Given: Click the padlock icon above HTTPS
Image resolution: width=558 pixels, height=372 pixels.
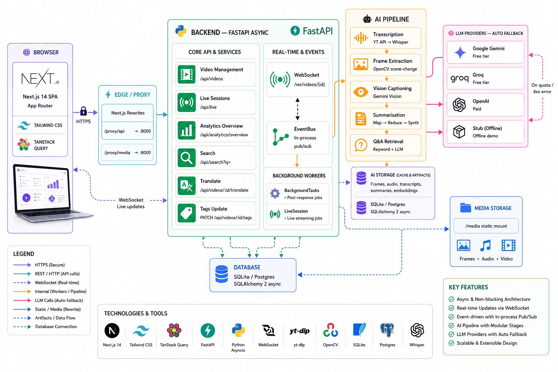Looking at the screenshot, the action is click(84, 111).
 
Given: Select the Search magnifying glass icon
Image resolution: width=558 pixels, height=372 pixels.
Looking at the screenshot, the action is click(186, 158).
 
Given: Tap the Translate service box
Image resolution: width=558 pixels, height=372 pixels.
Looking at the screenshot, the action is click(215, 186).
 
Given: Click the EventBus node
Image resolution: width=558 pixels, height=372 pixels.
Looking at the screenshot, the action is click(298, 138).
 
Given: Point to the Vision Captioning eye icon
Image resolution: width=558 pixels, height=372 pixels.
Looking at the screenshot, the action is click(361, 92).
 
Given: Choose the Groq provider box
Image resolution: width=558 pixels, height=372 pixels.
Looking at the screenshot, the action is click(485, 78).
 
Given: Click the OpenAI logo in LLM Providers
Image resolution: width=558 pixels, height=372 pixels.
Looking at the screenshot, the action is click(459, 105).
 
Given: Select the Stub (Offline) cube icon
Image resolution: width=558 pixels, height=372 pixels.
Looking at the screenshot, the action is click(459, 132).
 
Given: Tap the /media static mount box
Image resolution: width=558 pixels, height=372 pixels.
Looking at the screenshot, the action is click(486, 226).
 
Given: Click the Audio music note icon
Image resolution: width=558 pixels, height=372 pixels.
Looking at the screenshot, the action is click(485, 246).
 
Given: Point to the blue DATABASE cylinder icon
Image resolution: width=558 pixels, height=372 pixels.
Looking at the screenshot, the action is click(222, 274).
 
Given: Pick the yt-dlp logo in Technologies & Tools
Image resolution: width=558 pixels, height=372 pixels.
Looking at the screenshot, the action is click(299, 331).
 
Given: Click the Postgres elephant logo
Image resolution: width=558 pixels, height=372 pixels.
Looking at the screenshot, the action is click(387, 330).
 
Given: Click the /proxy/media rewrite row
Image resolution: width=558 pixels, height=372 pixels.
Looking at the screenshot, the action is click(127, 153).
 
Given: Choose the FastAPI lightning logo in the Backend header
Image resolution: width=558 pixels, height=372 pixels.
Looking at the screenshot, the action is click(295, 31).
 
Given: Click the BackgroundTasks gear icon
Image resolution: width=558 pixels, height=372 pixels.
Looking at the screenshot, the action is click(275, 193).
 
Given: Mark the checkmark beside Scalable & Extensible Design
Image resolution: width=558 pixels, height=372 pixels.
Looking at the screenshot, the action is click(451, 343).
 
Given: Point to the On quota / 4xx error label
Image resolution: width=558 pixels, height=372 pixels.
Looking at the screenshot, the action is click(542, 88).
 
